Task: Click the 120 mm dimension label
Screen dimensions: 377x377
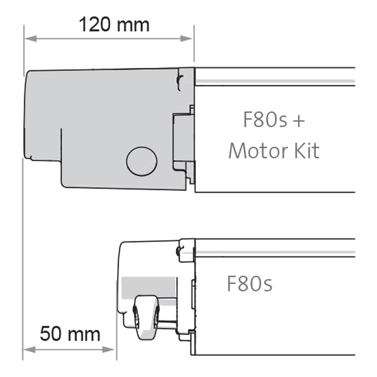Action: tap(114, 24)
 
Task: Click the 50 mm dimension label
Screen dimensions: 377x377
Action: tap(70, 334)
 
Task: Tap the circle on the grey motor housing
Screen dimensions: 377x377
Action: tap(141, 161)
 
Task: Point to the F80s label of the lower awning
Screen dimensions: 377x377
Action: tap(249, 284)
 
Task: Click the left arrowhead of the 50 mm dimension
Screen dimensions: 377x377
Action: tap(27, 350)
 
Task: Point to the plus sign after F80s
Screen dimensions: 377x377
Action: tap(298, 122)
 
